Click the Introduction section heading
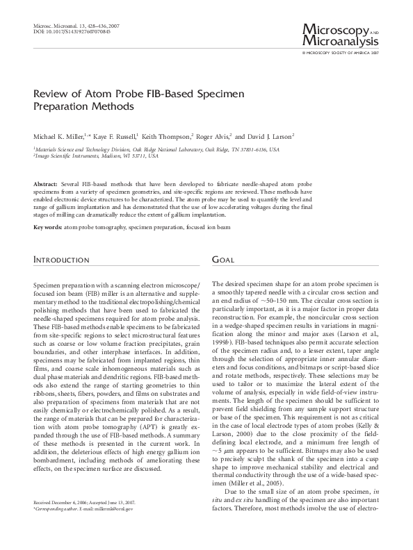pyautogui.click(x=61, y=260)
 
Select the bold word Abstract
pyautogui.click(x=46, y=181)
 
